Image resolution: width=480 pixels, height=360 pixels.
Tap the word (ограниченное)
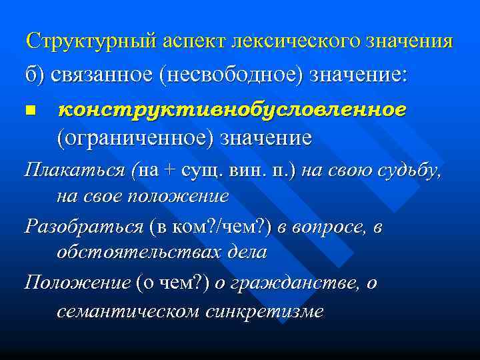131,138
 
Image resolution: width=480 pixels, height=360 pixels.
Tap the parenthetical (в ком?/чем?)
211,227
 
